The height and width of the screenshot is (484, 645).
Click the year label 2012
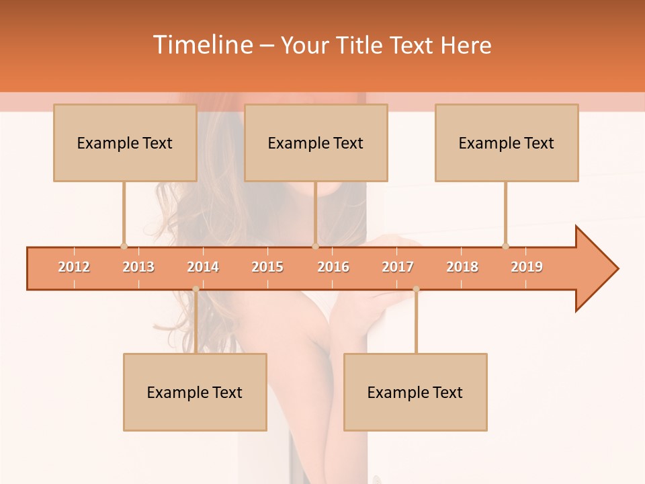(x=74, y=267)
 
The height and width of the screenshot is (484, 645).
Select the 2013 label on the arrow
(x=138, y=267)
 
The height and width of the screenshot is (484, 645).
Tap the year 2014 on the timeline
(x=203, y=267)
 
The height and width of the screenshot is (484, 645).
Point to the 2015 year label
(x=267, y=267)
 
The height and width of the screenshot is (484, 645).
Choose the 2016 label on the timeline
(x=333, y=267)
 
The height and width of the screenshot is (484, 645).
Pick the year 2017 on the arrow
(x=398, y=267)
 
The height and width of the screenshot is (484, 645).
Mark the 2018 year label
(x=462, y=267)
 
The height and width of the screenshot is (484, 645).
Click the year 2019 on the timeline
(x=527, y=267)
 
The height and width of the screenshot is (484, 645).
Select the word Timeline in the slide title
(x=202, y=45)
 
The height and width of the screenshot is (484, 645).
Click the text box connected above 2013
(x=125, y=143)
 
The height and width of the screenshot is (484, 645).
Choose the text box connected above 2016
(x=316, y=143)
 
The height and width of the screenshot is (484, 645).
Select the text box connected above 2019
(x=507, y=143)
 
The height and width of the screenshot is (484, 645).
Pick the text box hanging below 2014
(x=195, y=392)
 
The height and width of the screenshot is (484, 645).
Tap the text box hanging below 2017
(x=415, y=392)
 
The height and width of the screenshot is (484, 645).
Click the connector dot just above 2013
(x=124, y=246)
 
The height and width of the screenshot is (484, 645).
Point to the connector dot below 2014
(x=196, y=289)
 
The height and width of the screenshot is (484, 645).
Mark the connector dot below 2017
(x=416, y=289)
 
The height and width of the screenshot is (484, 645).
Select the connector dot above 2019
(x=505, y=246)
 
